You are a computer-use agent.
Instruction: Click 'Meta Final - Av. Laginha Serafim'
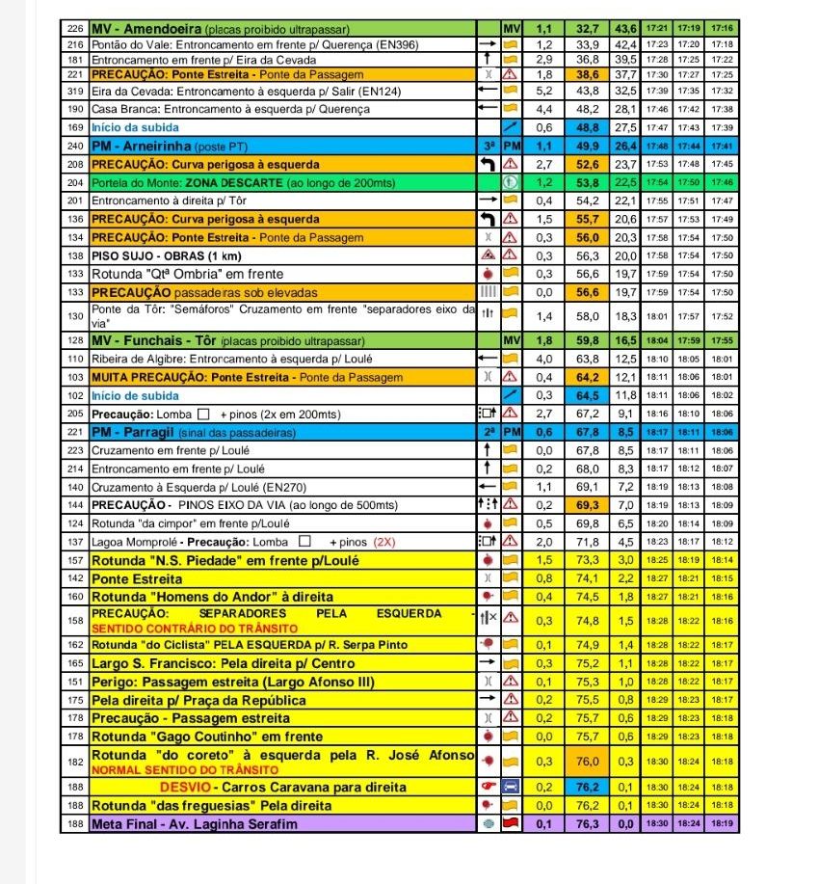[194, 824]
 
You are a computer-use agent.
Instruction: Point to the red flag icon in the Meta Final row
[512, 824]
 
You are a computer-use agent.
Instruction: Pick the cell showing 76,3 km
[588, 824]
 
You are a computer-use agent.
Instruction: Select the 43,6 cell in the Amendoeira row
[626, 29]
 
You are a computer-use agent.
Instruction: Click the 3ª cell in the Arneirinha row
[488, 146]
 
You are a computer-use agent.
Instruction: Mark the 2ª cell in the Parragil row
[488, 431]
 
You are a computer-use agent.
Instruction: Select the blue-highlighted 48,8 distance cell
[588, 127]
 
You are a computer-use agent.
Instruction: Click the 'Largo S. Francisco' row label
[223, 663]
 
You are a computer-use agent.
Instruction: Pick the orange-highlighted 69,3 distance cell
[588, 504]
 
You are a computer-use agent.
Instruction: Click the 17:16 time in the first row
[723, 29]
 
